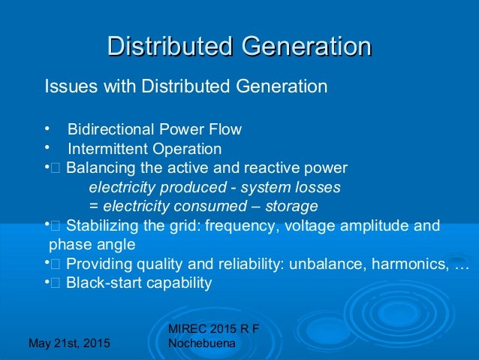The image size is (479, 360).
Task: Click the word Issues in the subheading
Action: point(66,86)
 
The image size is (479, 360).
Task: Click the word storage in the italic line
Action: point(293,206)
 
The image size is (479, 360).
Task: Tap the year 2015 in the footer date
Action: point(93,344)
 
